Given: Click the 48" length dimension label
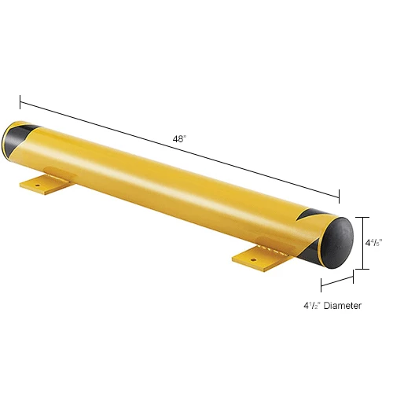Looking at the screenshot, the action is click(179, 138).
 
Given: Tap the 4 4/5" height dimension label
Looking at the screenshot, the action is click(373, 243).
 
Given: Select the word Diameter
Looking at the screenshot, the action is click(343, 306).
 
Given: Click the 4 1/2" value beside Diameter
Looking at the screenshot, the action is click(312, 306).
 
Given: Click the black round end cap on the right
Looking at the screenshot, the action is click(338, 243).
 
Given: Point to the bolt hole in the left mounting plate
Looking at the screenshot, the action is click(37, 185).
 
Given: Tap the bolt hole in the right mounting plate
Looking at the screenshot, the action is click(253, 260).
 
